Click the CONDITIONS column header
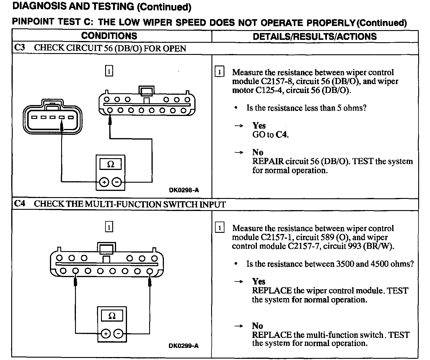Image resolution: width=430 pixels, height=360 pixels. pyautogui.click(x=109, y=36)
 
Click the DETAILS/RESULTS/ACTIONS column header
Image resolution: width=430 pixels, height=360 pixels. pyautogui.click(x=315, y=37)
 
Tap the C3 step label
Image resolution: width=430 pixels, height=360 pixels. pyautogui.click(x=19, y=48)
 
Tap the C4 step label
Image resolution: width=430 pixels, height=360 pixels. pyautogui.click(x=19, y=204)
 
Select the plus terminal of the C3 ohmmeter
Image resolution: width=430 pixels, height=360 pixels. pyautogui.click(x=104, y=182)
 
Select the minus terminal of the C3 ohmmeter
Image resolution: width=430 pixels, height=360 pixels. pyautogui.click(x=117, y=182)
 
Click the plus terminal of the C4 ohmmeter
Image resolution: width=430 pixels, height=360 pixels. pyautogui.click(x=105, y=334)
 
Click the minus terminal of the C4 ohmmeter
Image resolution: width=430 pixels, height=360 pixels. pyautogui.click(x=118, y=334)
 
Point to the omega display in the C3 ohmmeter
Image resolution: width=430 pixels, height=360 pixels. pyautogui.click(x=110, y=164)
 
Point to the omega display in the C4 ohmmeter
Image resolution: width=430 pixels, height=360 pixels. pyautogui.click(x=112, y=316)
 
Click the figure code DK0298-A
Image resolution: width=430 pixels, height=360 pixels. pyautogui.click(x=184, y=190)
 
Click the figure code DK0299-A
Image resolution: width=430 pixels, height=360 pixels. pyautogui.click(x=184, y=346)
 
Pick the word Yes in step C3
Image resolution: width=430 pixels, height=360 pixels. pyautogui.click(x=259, y=126)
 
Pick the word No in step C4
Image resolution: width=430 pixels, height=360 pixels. pyautogui.click(x=258, y=326)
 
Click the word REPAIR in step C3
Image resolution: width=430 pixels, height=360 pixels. pyautogui.click(x=268, y=161)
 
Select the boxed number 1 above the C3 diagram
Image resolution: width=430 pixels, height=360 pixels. pyautogui.click(x=109, y=71)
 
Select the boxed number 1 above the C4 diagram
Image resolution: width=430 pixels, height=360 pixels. pyautogui.click(x=109, y=227)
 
